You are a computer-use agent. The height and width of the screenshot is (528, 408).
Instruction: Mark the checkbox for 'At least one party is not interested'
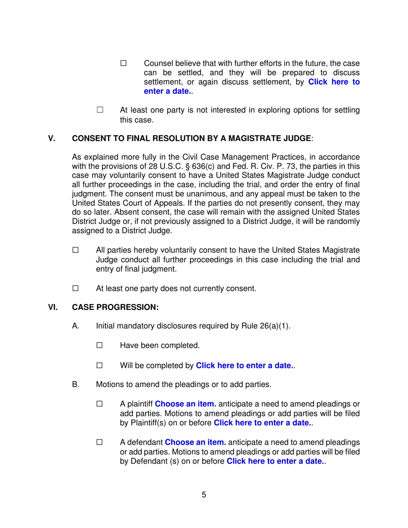point(100,110)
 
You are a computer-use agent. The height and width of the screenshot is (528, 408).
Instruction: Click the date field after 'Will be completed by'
point(245,366)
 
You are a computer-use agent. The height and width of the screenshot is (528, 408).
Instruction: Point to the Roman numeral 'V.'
point(52,139)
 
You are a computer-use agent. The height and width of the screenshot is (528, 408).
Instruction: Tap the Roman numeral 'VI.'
point(53,308)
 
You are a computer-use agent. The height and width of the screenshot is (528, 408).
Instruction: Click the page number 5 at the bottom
point(204,495)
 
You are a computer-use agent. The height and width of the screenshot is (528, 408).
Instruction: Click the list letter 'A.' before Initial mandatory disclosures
point(76,326)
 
